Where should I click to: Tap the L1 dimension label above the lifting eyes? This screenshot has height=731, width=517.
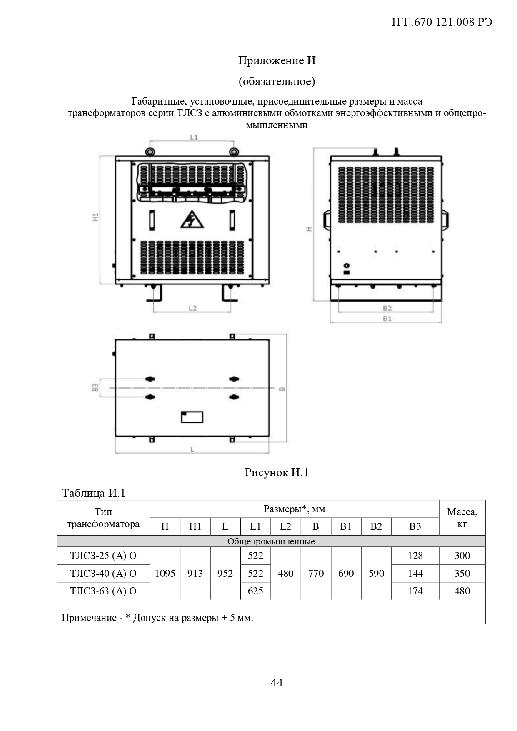coord(194,137)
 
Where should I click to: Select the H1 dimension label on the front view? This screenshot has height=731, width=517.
coord(95,217)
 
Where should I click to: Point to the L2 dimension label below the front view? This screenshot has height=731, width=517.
coord(192,308)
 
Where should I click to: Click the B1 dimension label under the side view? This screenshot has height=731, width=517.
coord(387,319)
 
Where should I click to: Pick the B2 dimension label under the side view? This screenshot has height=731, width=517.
coord(387,308)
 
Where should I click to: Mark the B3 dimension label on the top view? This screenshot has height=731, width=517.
coord(95,387)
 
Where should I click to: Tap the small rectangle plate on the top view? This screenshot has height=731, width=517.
coord(192,417)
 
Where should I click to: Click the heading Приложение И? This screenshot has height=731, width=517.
coord(277,61)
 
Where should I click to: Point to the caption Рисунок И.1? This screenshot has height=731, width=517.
coord(277,472)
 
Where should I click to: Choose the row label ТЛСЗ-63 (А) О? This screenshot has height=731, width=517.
coord(103,591)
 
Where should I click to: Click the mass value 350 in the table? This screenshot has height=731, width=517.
coord(462,573)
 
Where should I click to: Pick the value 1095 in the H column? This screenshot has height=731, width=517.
coord(165,573)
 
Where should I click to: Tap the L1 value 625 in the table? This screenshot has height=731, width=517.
coord(255,591)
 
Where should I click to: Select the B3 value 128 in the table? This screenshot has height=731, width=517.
coord(415,555)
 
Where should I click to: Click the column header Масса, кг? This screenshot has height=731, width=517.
coord(462,518)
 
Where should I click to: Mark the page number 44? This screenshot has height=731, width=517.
coord(277,682)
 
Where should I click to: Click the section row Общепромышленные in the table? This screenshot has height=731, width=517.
coord(271,541)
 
